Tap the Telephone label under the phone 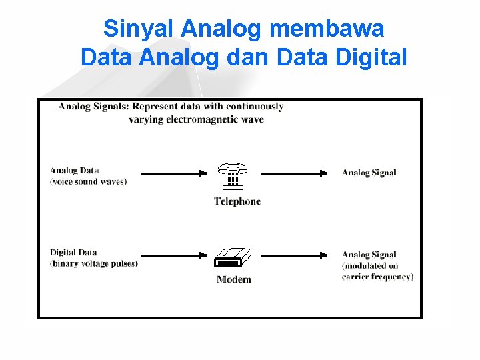pos(237,201)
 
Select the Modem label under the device pos(234,279)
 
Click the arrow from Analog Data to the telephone pos(174,173)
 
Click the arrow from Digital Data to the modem pos(174,255)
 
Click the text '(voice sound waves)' pos(88,181)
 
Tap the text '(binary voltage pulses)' pos(94,263)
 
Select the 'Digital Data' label pos(73,253)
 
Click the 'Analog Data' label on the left pos(74,171)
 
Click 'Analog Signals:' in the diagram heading pos(93,107)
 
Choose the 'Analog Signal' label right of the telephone pos(369,173)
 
